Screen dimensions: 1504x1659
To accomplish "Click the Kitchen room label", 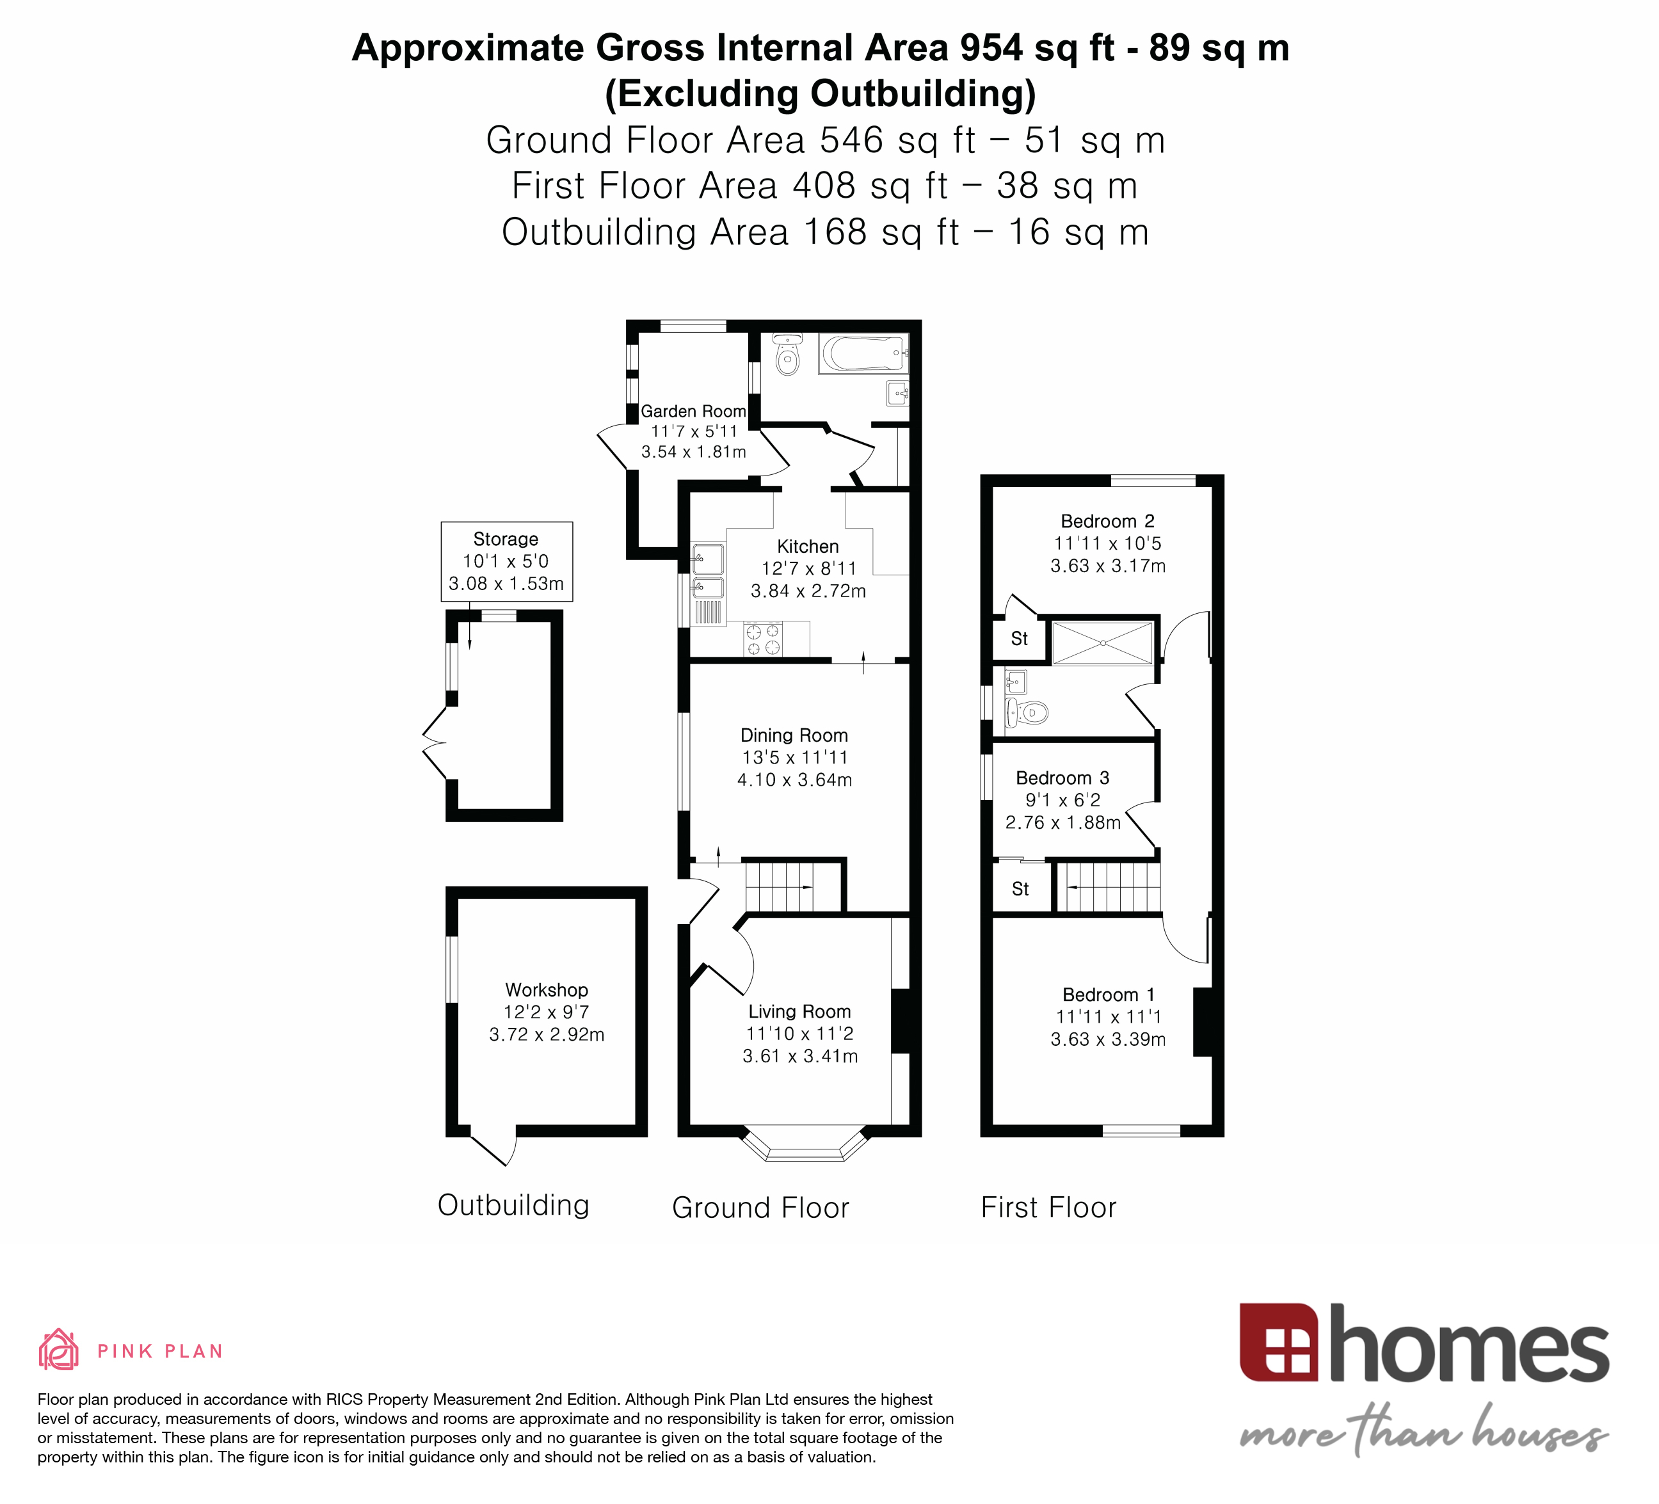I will coord(807,547).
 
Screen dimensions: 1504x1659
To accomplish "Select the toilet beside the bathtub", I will coord(787,355).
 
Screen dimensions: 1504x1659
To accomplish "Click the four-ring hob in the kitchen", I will coord(762,639).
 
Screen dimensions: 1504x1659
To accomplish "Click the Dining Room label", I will coord(793,735).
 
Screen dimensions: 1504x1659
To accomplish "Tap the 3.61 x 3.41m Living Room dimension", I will coord(800,1055).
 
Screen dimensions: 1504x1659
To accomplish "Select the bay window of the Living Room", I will coord(805,1145).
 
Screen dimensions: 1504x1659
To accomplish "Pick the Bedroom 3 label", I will coord(1062,778).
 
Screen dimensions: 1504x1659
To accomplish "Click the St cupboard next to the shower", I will coord(1019,639).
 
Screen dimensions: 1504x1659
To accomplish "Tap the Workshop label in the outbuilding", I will coord(547,990).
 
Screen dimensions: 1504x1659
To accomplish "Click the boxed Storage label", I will coord(506,539).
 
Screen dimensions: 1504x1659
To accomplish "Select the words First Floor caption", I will coord(1048,1208).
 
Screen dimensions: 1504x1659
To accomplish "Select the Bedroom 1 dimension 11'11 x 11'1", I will coord(1108,1017).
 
